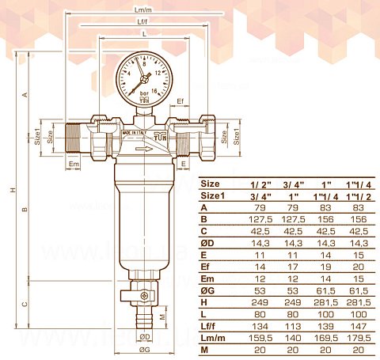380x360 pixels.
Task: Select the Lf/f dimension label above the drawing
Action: pyautogui.click(x=143, y=22)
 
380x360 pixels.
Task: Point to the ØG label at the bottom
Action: pyautogui.click(x=145, y=350)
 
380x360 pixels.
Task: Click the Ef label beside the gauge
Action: pyautogui.click(x=180, y=102)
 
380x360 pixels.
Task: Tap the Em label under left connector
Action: pyautogui.click(x=74, y=164)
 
